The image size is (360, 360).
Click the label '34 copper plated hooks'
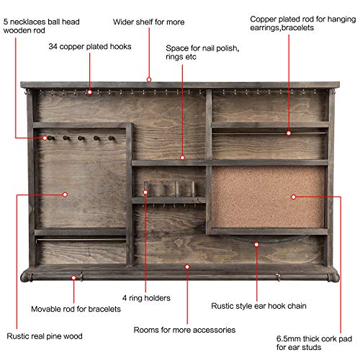90,47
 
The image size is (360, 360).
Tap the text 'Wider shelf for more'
149,22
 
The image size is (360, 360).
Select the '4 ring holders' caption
146,298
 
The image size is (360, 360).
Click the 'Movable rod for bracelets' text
76,309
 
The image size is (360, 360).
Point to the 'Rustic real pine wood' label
45,336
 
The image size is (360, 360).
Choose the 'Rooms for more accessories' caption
184,330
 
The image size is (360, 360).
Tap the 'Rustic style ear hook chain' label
258,306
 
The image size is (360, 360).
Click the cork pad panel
268,197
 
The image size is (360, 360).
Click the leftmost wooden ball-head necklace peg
50,138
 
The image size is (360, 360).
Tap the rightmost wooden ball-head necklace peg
112,138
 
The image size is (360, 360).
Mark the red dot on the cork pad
293,197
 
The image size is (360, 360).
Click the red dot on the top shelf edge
149,79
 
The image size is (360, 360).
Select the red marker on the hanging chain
256,244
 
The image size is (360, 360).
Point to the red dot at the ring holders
145,192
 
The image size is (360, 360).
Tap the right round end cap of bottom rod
334,277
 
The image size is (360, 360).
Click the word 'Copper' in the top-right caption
263,19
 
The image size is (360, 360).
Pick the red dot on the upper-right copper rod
289,133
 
